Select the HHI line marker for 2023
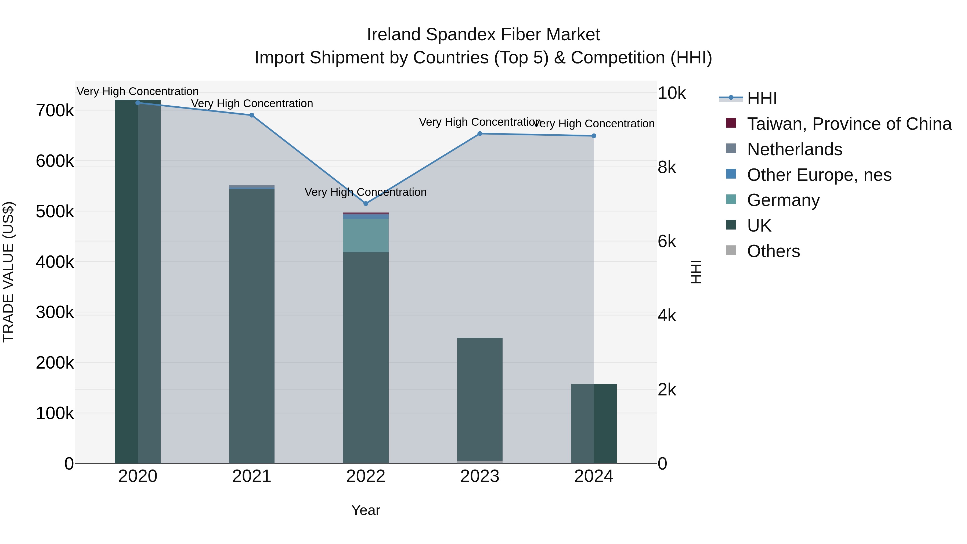pos(480,134)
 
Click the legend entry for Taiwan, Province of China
pos(849,124)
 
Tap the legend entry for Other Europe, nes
pos(819,175)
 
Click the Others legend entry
pos(773,251)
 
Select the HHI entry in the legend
pos(762,98)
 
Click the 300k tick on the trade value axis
pos(55,312)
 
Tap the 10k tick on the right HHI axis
pos(672,93)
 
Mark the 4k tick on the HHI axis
pos(667,316)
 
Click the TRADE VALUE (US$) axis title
pos(8,272)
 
